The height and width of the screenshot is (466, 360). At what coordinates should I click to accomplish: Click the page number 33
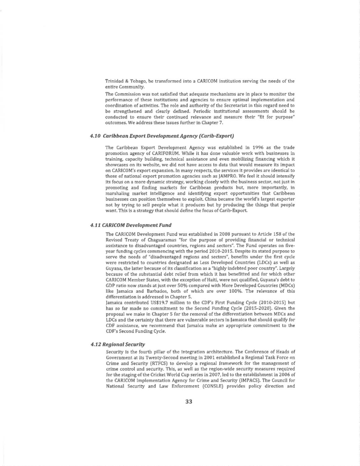pyautogui.click(x=189, y=401)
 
